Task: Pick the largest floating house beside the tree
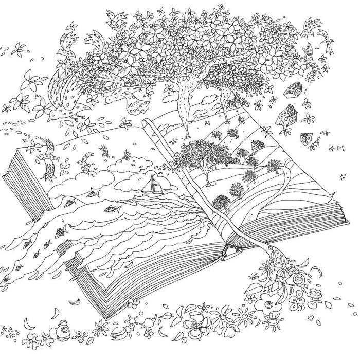point(286,114)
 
